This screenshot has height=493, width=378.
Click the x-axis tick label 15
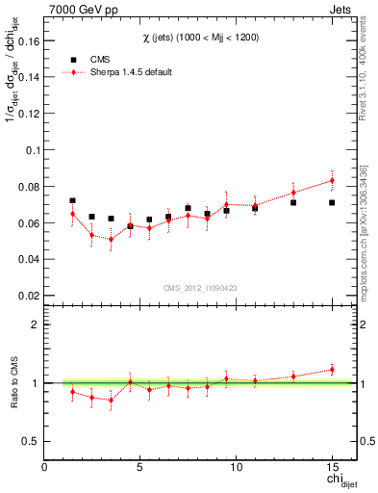pyautogui.click(x=331, y=467)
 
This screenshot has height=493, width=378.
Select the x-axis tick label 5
pyautogui.click(x=140, y=467)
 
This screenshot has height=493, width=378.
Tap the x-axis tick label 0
pyautogui.click(x=45, y=467)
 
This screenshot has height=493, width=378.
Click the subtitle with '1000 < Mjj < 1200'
pyautogui.click(x=198, y=38)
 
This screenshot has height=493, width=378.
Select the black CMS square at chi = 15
pyautogui.click(x=332, y=202)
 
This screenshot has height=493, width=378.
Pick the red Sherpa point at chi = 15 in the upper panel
pyautogui.click(x=332, y=180)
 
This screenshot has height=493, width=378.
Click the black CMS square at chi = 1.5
pyautogui.click(x=73, y=200)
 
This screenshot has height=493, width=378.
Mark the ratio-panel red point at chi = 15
pyautogui.click(x=332, y=369)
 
